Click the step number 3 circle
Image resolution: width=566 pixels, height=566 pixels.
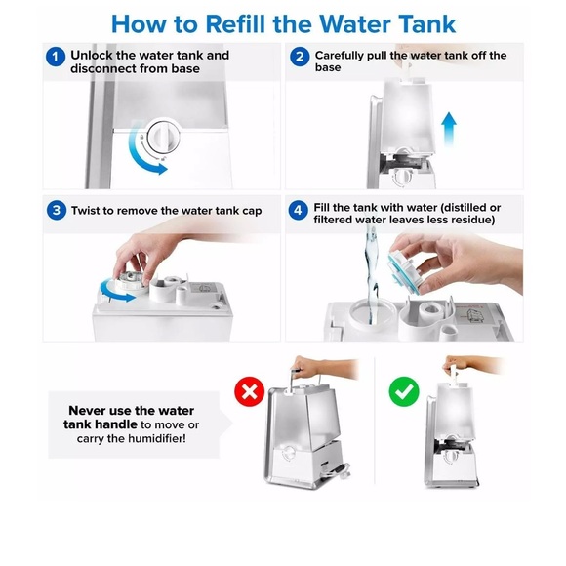tap(57, 211)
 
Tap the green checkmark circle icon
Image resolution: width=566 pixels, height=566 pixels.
tap(402, 392)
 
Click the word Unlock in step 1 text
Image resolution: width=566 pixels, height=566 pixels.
tap(94, 55)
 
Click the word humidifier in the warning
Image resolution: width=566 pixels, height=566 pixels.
tap(174, 440)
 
